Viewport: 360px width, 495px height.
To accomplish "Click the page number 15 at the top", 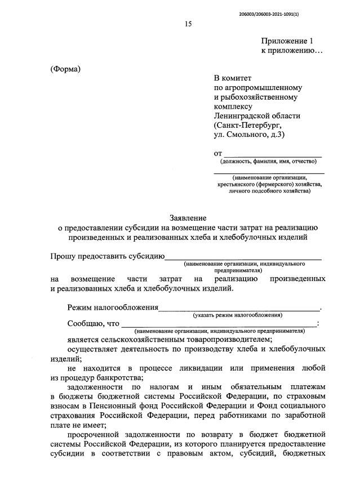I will coord(188,23).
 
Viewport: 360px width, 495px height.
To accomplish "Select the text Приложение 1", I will coord(286,41).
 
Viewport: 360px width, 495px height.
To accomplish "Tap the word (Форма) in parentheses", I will coord(66,69).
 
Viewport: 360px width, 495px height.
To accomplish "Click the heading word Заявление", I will coord(189,217).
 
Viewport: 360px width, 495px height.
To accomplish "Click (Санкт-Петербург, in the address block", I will coord(246,125).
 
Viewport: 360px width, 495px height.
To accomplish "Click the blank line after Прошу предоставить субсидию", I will coord(243,258).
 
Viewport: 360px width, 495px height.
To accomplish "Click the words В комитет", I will coord(233,78).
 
